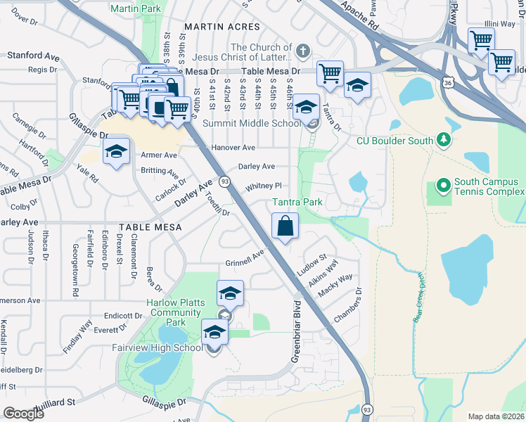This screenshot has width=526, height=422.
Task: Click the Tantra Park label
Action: click(297, 203)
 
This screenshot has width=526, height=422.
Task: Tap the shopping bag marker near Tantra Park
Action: click(286, 226)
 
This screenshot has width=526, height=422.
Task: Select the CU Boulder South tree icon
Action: click(443, 139)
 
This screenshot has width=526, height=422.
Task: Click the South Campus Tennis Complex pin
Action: click(443, 186)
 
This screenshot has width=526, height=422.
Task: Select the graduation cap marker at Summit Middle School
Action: click(305, 107)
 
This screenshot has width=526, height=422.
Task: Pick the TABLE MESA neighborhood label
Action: click(150, 227)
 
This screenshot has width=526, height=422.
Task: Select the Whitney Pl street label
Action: click(264, 186)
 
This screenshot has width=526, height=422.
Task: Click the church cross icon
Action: click(303, 51)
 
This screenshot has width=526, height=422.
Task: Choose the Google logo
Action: click(23, 414)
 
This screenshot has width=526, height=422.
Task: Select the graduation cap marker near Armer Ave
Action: click(117, 151)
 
